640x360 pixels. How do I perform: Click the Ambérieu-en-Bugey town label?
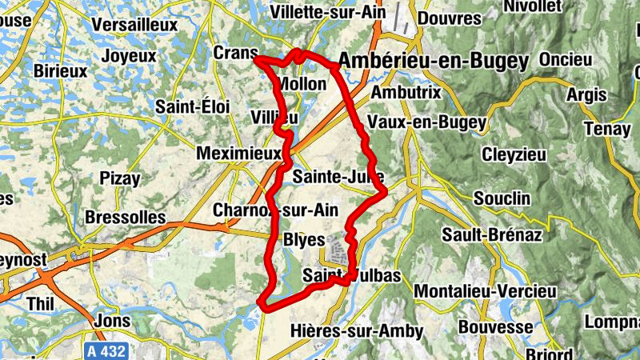(434, 61)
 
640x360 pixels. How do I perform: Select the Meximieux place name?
(239, 152)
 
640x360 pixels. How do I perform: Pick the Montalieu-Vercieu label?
(486, 290)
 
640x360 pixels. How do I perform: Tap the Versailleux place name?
(134, 25)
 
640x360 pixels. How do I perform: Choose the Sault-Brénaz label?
(492, 235)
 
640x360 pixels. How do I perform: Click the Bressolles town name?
(125, 217)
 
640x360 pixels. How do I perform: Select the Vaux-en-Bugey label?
(426, 122)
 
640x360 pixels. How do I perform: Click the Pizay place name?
(119, 178)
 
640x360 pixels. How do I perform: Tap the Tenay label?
(607, 128)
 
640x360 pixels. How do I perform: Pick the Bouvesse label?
(496, 328)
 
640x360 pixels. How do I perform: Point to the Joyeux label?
(129, 56)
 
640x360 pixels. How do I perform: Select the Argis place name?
(586, 95)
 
